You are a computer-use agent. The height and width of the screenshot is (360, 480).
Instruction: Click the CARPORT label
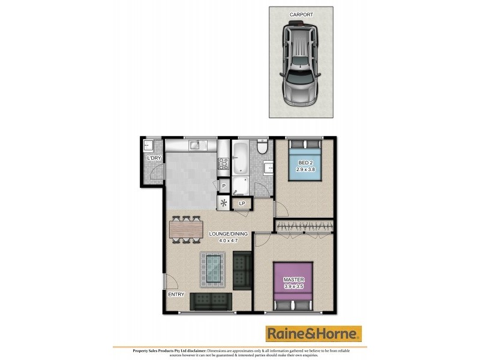click(301, 14)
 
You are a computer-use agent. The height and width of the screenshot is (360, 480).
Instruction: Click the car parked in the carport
click(301, 64)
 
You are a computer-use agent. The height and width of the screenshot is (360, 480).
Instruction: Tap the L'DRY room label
click(154, 158)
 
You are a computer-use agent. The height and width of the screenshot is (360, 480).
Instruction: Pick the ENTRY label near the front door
click(176, 295)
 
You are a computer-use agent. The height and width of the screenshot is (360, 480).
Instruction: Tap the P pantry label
click(224, 187)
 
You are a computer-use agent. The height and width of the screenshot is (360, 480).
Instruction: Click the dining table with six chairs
click(187, 230)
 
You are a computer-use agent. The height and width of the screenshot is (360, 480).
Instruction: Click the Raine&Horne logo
click(314, 334)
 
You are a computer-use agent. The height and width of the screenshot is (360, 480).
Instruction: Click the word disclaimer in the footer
click(195, 349)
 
